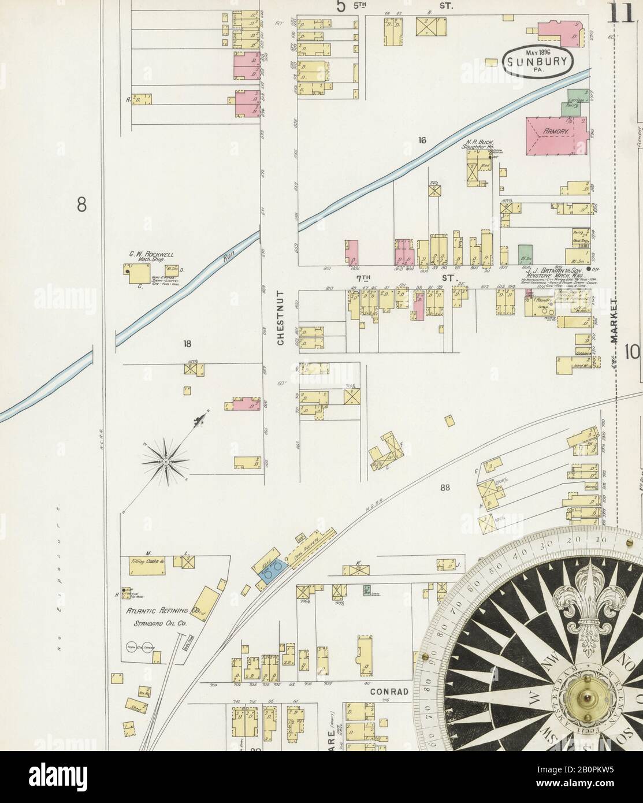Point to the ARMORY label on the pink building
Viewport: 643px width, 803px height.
(556, 132)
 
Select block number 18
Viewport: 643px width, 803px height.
(187, 344)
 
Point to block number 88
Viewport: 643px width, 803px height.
(444, 488)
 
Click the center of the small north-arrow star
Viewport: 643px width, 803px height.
(165, 461)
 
